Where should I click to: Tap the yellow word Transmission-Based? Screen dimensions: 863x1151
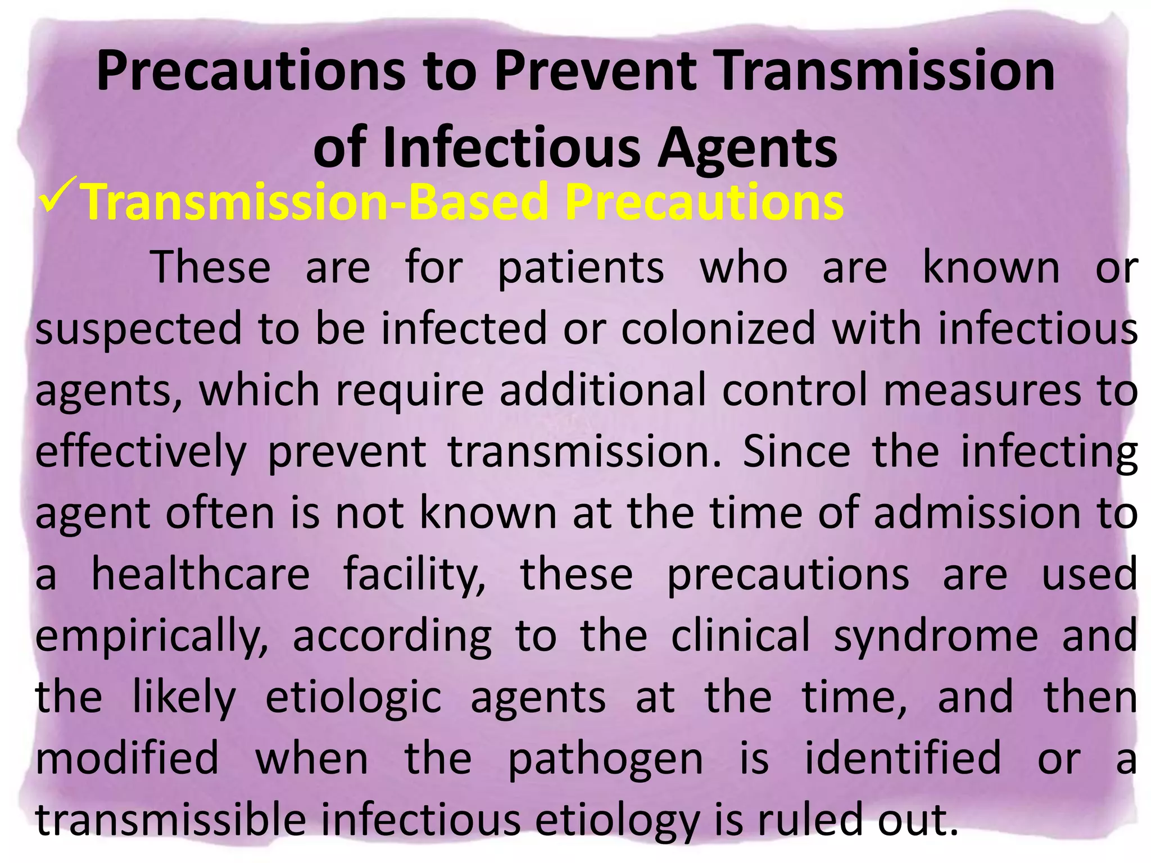[x=315, y=202]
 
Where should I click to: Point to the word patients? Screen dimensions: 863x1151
[x=581, y=269]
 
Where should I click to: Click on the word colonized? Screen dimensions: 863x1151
[x=718, y=329]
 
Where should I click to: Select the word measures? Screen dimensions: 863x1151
[x=982, y=390]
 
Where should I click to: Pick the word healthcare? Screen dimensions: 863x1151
[x=201, y=574]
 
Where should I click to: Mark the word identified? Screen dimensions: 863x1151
[x=903, y=758]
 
